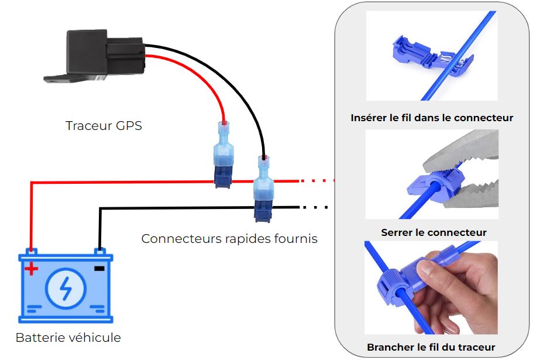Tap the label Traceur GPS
coord(104,125)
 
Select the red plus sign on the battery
coord(32,269)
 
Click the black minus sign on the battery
coord(99,268)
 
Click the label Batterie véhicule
coord(68,338)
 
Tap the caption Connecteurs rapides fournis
coord(229,239)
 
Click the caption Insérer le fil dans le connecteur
coord(432,118)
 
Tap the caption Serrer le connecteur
coord(434,232)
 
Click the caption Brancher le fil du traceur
coord(431,347)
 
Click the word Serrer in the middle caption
coord(396,232)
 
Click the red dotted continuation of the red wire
coord(316,181)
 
